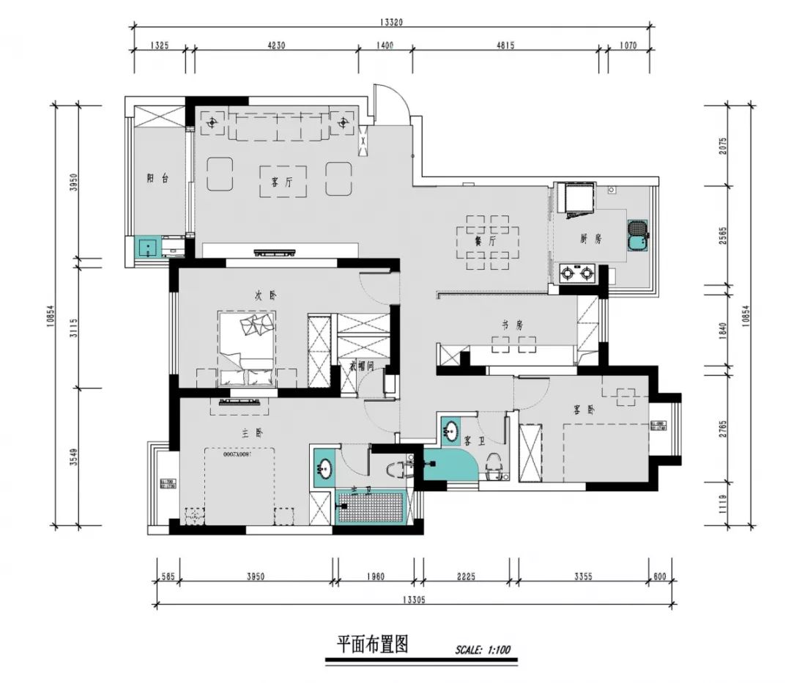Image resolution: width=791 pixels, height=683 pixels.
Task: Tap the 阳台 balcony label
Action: click(157, 178)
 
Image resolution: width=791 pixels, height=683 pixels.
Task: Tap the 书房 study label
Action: click(512, 325)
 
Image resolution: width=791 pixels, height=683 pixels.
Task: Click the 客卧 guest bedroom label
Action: click(585, 410)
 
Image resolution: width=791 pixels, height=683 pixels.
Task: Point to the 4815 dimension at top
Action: click(506, 45)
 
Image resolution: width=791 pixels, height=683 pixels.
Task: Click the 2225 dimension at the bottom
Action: click(466, 577)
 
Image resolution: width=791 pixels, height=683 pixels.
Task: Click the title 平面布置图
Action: click(371, 644)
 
